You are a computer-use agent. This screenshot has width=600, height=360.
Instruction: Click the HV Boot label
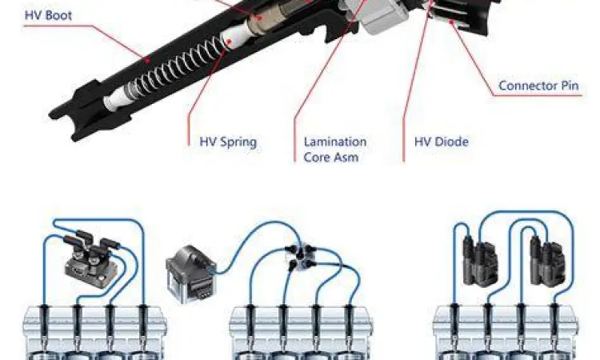pyautogui.click(x=48, y=15)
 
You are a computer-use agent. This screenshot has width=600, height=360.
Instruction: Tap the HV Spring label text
pyautogui.click(x=228, y=142)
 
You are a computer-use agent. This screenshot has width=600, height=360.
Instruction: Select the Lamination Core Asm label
pyautogui.click(x=335, y=150)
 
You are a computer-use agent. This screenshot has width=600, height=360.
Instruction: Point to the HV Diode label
pyautogui.click(x=441, y=142)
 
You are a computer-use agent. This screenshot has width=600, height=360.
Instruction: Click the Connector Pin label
pyautogui.click(x=538, y=86)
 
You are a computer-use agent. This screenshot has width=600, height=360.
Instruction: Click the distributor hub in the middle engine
pyautogui.click(x=300, y=255)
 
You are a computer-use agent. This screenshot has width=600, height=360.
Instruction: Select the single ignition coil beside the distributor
pyautogui.click(x=191, y=274)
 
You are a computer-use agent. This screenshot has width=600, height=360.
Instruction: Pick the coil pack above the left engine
pyautogui.click(x=92, y=257)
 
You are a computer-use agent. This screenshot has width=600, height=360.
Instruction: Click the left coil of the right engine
pyautogui.click(x=480, y=260)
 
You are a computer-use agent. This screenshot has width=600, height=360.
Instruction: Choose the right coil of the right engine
pyautogui.click(x=547, y=260)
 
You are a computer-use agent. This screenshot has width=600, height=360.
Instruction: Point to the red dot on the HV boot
pyautogui.click(x=146, y=59)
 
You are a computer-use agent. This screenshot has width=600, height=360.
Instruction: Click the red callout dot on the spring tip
pyautogui.click(x=230, y=41)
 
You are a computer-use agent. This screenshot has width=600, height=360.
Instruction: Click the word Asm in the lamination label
pyautogui.click(x=344, y=158)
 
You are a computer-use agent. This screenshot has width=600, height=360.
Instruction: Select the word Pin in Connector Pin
pyautogui.click(x=570, y=86)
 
